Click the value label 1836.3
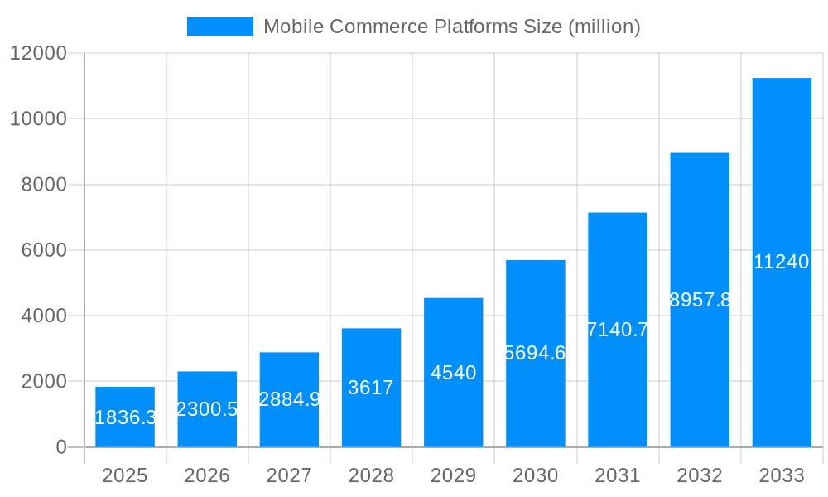[125, 417]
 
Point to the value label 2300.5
[207, 409]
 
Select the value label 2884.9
[289, 399]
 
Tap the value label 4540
[453, 373]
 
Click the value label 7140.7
[618, 330]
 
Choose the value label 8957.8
[700, 300]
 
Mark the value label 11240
[782, 262]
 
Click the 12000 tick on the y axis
[37, 53]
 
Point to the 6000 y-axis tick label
[43, 250]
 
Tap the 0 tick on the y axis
[60, 447]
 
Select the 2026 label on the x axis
[207, 475]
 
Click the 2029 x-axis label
[453, 475]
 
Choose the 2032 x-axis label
[700, 475]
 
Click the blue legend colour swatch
[220, 27]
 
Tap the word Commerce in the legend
[380, 27]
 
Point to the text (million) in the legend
[604, 27]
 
